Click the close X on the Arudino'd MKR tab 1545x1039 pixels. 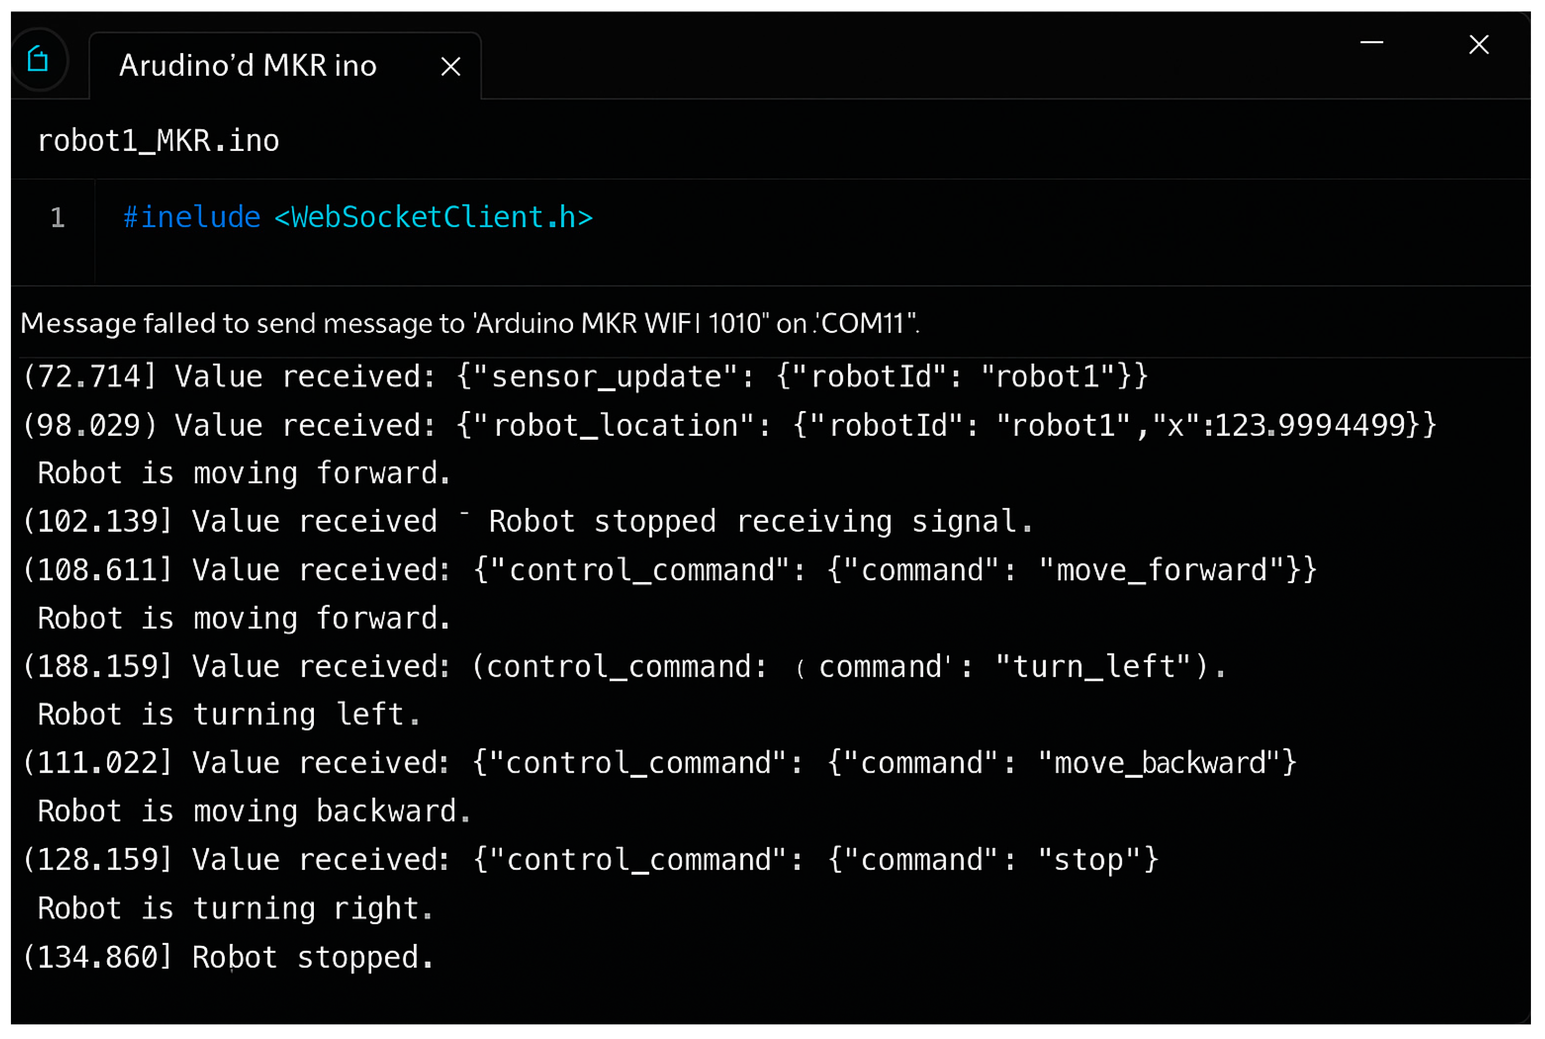[x=451, y=66]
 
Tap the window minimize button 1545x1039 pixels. [x=1371, y=43]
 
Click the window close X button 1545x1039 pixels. [x=1479, y=45]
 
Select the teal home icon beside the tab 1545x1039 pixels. [x=39, y=60]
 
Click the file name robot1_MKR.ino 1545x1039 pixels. [x=158, y=141]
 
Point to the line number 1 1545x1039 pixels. [x=58, y=218]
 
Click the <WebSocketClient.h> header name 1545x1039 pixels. [x=434, y=218]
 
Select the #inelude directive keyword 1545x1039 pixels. [x=192, y=218]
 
